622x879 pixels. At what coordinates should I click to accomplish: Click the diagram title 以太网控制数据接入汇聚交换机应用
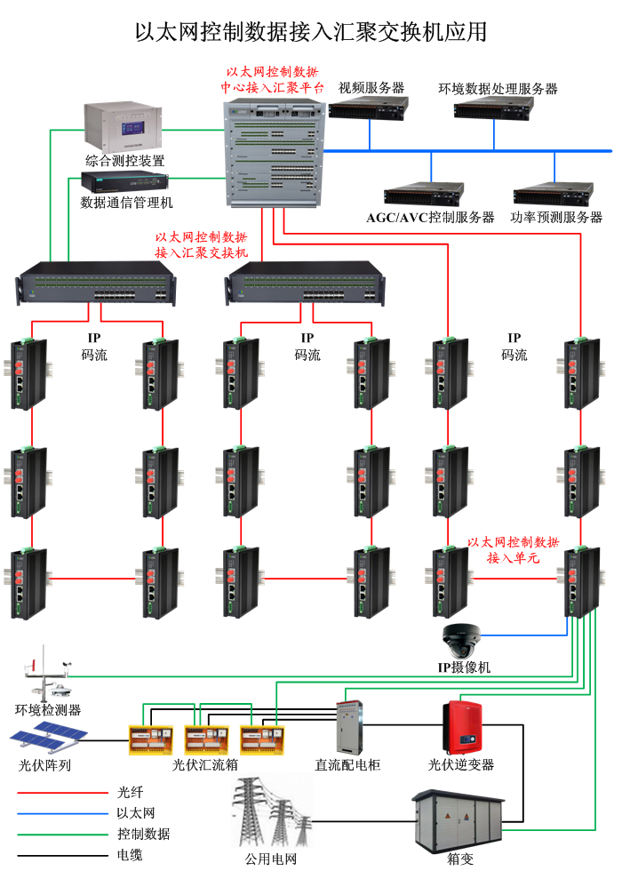coord(311,33)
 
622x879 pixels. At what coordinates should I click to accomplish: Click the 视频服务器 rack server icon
coord(369,108)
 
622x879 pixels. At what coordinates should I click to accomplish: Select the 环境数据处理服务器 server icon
coord(494,108)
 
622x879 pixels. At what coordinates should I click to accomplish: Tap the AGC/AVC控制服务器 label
coord(430,218)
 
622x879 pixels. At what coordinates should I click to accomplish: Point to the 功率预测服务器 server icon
coord(553,195)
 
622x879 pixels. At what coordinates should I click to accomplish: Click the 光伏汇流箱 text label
coord(205,764)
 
